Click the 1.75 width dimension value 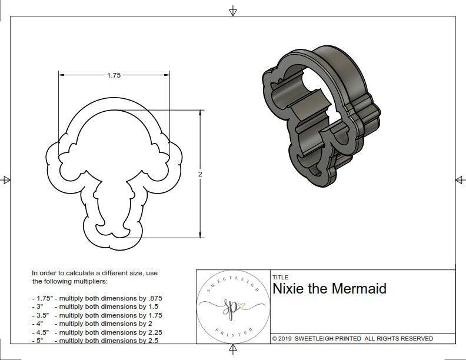[114, 75]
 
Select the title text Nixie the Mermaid [329, 289]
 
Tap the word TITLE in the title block [280, 277]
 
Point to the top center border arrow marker [233, 11]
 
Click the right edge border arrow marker [459, 179]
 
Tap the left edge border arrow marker [6, 179]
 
